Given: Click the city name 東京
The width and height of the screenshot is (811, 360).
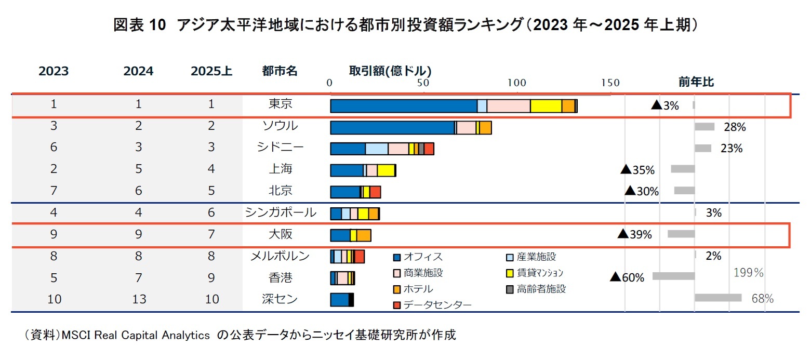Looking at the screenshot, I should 280,104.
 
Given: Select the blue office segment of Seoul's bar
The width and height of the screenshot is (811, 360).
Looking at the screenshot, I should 392,128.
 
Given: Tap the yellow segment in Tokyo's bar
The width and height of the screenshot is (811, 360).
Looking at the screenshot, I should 546,106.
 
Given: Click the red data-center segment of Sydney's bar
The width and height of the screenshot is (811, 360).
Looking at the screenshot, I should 429,149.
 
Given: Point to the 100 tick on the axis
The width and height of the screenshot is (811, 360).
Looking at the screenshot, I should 516,83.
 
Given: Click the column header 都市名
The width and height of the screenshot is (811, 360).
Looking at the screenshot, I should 280,71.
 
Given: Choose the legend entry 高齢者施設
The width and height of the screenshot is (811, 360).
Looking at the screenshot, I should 540,289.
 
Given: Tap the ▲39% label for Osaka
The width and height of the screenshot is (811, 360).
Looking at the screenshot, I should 634,234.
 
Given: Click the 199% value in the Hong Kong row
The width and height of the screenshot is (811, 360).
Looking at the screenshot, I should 748,273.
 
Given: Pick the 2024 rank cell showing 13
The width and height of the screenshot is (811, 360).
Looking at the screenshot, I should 139,299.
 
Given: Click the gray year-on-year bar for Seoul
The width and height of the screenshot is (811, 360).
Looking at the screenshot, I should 704,127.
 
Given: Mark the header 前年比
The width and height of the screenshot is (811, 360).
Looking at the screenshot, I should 696,82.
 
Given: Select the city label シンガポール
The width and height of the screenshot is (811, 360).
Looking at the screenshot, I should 280,212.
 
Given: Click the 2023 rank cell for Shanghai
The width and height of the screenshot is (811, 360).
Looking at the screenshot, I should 54,169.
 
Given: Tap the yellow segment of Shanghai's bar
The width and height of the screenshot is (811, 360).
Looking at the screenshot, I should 385,171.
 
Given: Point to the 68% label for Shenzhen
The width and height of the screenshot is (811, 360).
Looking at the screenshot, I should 763,299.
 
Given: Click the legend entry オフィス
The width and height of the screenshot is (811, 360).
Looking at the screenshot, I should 422,257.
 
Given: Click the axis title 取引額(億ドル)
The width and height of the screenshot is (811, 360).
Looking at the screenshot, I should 390,70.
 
